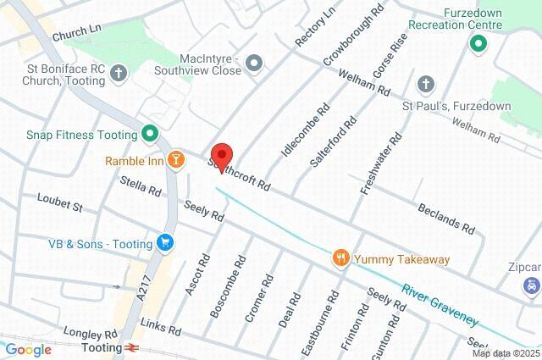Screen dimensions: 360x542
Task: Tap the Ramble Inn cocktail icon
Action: [x=175, y=160]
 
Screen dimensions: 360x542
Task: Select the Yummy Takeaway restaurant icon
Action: [x=340, y=258]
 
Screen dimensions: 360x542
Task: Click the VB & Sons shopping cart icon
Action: [x=165, y=243]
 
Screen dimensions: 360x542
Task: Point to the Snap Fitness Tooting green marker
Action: [x=150, y=133]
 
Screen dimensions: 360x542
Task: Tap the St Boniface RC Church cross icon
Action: [x=119, y=73]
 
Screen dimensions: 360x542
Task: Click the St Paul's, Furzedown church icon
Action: [x=425, y=86]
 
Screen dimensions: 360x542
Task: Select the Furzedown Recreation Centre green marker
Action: [x=478, y=43]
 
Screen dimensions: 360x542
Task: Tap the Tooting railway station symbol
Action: [x=132, y=347]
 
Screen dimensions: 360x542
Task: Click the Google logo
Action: [x=28, y=349]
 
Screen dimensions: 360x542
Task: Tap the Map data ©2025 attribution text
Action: [x=506, y=353]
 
